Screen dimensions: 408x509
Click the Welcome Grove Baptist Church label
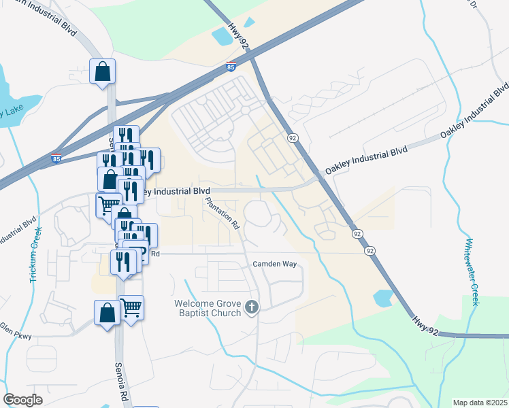pyautogui.click(x=208, y=308)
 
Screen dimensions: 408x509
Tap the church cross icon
pyautogui.click(x=252, y=308)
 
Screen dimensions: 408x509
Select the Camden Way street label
pyautogui.click(x=276, y=264)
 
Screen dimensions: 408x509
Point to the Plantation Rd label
pyautogui.click(x=223, y=214)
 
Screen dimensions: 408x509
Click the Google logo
pyautogui.click(x=22, y=399)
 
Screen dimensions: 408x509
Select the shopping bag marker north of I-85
pyautogui.click(x=102, y=71)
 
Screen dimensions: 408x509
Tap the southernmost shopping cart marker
pyautogui.click(x=131, y=308)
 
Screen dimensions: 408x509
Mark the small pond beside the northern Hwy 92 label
pyautogui.click(x=223, y=35)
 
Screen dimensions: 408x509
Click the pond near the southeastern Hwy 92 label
pyautogui.click(x=383, y=297)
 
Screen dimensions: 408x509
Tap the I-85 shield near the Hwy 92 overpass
pyautogui.click(x=231, y=67)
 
